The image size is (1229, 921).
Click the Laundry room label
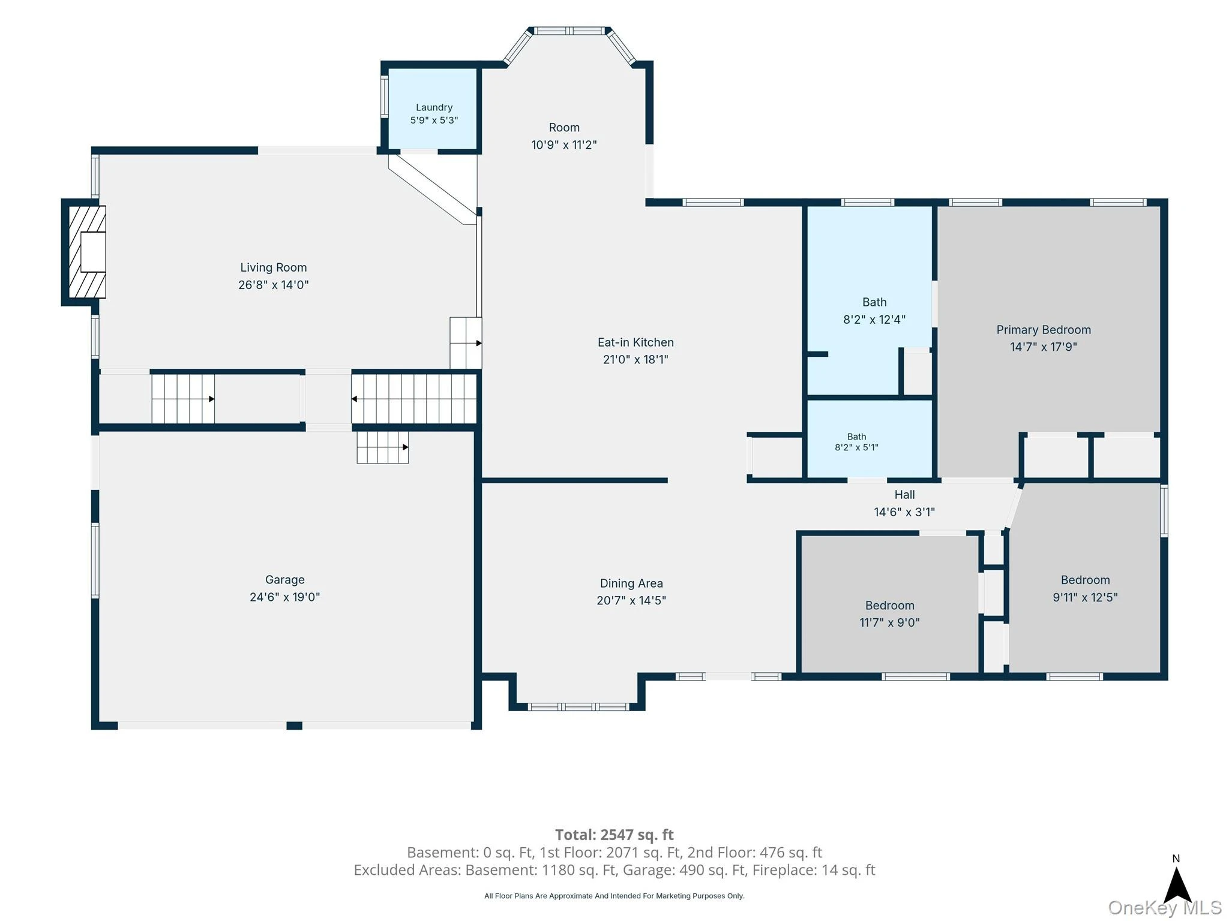coord(434,107)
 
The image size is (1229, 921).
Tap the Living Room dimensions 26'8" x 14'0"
coord(274,285)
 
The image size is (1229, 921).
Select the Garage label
coord(285,580)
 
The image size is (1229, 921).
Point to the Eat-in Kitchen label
coord(636,342)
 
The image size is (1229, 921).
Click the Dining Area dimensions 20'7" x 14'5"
coord(631,600)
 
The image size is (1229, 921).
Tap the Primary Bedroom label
coord(1044,330)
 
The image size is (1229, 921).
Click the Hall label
coord(904,495)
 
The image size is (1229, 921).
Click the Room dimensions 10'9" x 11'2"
coord(564,145)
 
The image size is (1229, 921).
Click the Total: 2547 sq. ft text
coord(614,835)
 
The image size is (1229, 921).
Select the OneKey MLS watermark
coord(1164,908)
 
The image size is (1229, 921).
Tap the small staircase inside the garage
coord(383,447)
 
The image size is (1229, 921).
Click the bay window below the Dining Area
coord(578,707)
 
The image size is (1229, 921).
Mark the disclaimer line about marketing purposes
coord(614,896)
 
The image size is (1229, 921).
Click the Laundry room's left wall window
coord(385,96)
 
